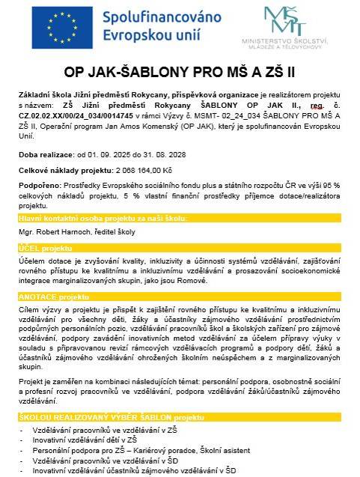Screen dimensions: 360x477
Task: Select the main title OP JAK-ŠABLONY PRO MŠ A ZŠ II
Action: (x=180, y=74)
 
